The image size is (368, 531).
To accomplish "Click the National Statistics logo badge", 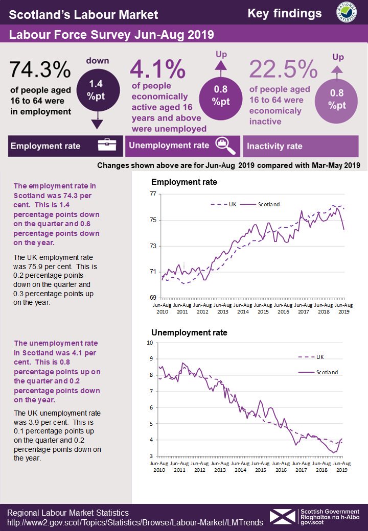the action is (x=347, y=12).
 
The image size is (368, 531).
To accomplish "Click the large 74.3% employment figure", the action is (x=40, y=69).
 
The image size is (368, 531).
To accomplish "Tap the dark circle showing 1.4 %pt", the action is (x=98, y=90).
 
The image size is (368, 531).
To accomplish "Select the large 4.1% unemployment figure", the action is (x=157, y=69).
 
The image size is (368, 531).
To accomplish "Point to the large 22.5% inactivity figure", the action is (x=283, y=69).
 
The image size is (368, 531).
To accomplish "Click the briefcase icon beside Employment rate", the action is (x=107, y=145).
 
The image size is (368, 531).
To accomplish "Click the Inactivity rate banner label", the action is (x=274, y=147).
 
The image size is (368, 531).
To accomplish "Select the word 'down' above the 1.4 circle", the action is (x=98, y=61).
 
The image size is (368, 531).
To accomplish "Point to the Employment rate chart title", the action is (x=184, y=182).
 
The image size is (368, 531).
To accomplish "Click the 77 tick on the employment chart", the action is (x=153, y=194).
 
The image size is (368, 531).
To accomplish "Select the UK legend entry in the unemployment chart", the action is (x=311, y=357).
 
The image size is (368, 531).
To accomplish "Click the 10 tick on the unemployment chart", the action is (x=150, y=343).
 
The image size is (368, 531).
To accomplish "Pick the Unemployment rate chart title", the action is (x=189, y=332).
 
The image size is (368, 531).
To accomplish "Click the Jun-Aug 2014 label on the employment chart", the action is (x=243, y=308).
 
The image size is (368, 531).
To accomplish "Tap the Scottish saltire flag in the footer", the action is (x=283, y=517).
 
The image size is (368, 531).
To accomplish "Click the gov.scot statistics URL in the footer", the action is (x=135, y=522).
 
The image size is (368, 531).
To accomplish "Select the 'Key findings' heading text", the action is (x=285, y=14).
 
